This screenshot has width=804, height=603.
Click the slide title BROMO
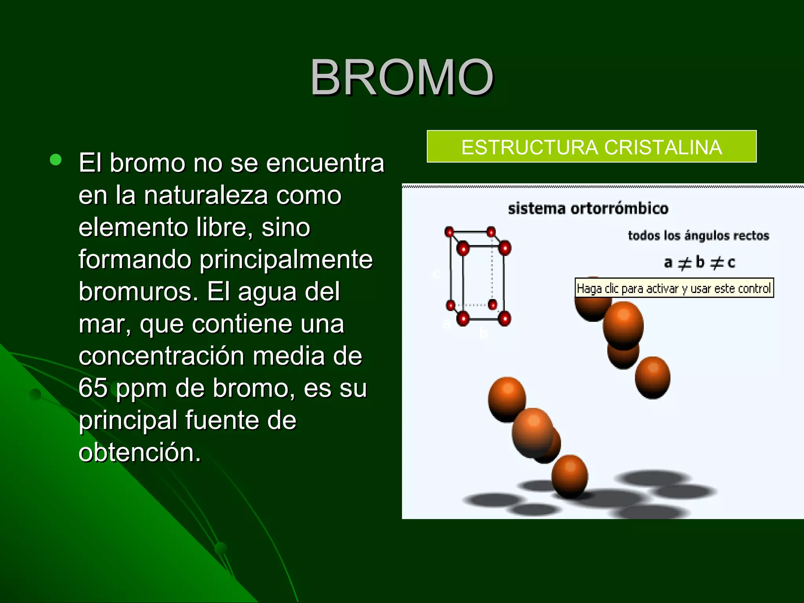[402, 77]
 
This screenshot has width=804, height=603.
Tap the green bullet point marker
[56, 159]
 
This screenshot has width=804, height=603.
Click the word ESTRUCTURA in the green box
[530, 148]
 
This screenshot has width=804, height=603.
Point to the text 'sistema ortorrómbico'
[588, 208]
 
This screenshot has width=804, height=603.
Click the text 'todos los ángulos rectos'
[698, 236]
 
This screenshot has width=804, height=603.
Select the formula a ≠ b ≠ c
[699, 262]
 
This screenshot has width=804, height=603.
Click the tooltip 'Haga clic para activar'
[674, 289]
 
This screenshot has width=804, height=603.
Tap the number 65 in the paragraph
[93, 388]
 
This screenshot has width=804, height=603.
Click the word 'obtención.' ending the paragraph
[139, 452]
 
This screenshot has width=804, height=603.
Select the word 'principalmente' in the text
[286, 259]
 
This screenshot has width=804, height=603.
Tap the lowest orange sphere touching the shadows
[569, 476]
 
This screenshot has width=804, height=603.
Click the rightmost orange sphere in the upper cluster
[652, 377]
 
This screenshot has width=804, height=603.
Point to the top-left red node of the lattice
[449, 232]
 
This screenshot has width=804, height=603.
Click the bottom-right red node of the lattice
[504, 318]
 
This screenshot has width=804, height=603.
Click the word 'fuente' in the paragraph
[222, 420]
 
